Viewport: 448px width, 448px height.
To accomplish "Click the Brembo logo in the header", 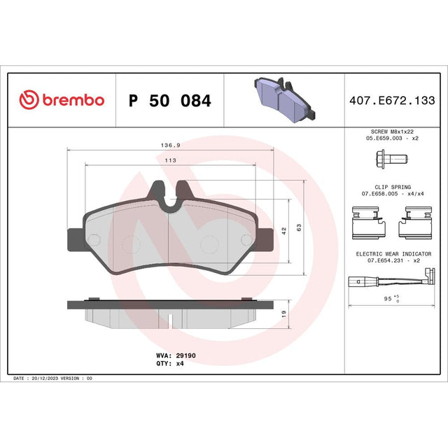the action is click(62, 99).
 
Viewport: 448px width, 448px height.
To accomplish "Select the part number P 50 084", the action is click(169, 101).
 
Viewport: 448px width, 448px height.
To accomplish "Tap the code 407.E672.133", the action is click(392, 100).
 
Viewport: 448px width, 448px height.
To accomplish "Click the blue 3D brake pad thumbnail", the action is click(285, 99).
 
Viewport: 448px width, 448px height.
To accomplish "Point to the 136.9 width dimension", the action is click(171, 145).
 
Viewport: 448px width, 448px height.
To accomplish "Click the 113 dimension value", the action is click(171, 160).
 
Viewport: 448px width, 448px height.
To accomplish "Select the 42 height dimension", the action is click(283, 231).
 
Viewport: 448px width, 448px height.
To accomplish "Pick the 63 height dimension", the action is click(299, 227).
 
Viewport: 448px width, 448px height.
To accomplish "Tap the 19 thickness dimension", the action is click(283, 314).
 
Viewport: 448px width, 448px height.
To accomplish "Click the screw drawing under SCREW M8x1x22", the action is click(392, 159).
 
